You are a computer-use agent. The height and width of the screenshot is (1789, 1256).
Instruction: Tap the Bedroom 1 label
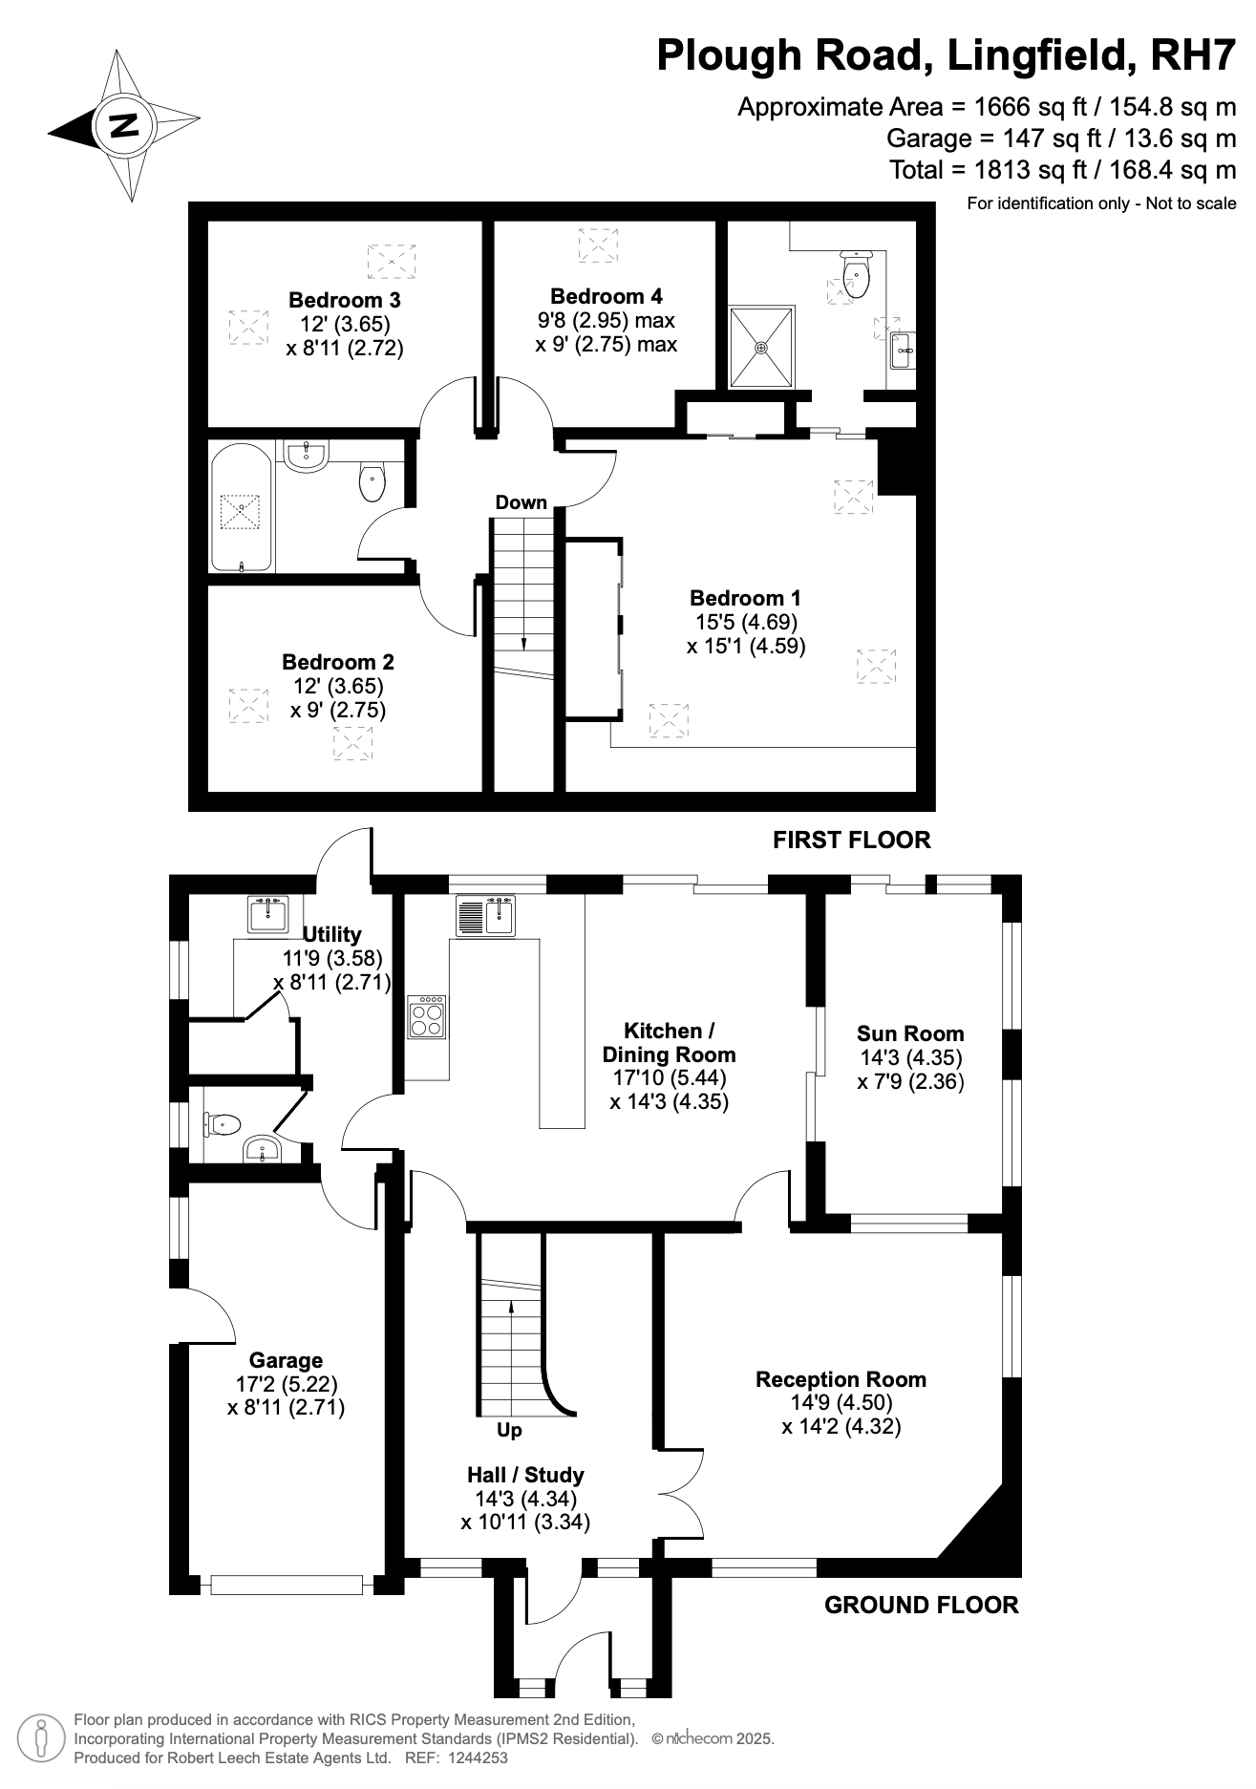pyautogui.click(x=745, y=598)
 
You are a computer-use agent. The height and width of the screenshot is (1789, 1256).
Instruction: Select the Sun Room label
pyautogui.click(x=910, y=1033)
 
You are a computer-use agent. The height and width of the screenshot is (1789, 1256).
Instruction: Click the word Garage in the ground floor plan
pyautogui.click(x=286, y=1360)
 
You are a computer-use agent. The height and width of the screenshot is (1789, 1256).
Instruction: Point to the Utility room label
pyautogui.click(x=331, y=934)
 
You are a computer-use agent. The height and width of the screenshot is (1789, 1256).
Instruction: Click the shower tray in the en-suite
pyautogui.click(x=761, y=347)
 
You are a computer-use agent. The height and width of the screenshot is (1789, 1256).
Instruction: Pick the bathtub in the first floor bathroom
pyautogui.click(x=243, y=507)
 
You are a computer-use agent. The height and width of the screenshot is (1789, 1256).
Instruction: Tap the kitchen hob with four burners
pyautogui.click(x=427, y=1016)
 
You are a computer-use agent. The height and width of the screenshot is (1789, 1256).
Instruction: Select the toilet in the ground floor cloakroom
pyautogui.click(x=221, y=1124)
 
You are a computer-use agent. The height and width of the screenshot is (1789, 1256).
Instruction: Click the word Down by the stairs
pyautogui.click(x=522, y=502)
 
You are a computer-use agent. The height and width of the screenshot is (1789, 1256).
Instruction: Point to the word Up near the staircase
pyautogui.click(x=510, y=1430)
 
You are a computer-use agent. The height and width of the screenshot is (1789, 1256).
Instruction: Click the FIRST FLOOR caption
pyautogui.click(x=852, y=840)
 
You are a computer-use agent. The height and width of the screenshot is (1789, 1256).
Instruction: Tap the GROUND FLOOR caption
pyautogui.click(x=922, y=1605)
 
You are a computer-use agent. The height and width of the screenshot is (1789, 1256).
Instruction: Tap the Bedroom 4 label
pyautogui.click(x=607, y=296)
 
